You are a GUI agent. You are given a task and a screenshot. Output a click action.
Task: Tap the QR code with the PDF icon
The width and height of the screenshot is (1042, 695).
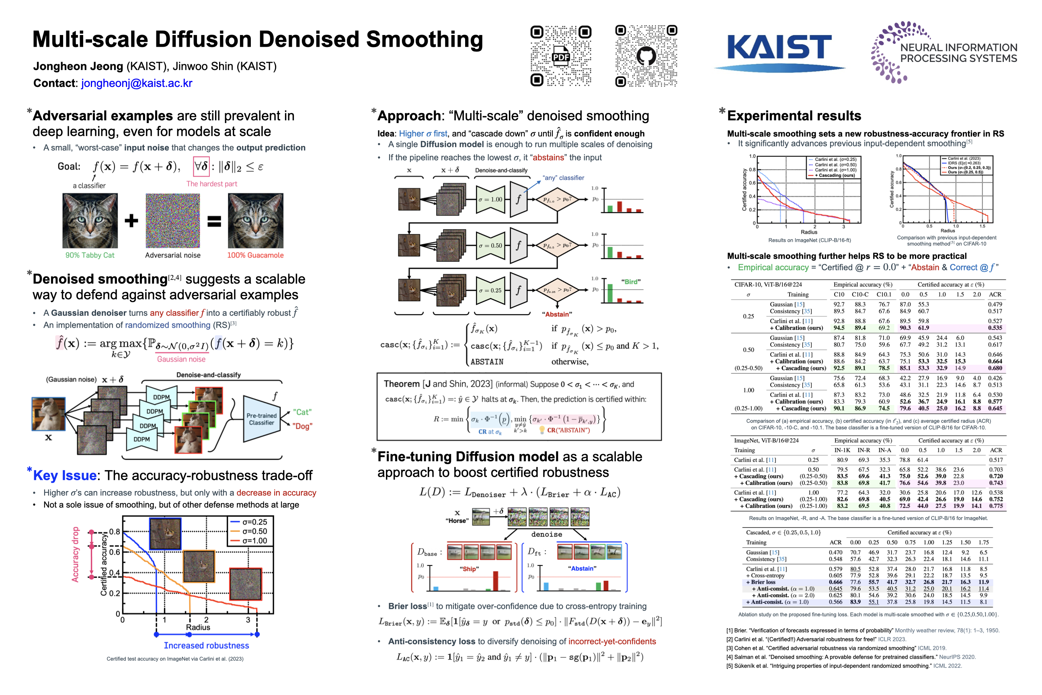click(x=561, y=56)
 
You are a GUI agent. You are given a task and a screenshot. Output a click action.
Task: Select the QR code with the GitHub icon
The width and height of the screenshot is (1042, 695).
click(x=646, y=56)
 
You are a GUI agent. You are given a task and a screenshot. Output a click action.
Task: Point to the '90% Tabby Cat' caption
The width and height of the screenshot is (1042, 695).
click(x=90, y=255)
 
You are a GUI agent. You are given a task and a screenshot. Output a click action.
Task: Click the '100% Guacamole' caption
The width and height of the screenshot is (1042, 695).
click(x=255, y=255)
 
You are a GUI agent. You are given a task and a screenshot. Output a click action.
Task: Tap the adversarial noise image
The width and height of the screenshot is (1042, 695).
click(x=173, y=220)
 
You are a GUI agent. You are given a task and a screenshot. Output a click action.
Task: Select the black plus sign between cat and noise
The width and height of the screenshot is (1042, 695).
click(x=131, y=220)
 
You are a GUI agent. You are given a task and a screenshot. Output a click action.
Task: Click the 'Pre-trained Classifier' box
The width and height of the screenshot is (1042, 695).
click(x=261, y=419)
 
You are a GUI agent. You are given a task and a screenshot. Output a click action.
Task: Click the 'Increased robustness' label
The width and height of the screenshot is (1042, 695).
click(x=207, y=646)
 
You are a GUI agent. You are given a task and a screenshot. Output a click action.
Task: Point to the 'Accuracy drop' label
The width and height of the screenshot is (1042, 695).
click(x=75, y=554)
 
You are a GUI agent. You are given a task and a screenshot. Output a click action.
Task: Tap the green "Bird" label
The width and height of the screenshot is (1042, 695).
click(x=631, y=282)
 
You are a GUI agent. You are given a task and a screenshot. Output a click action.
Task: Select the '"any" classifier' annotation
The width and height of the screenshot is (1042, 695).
click(x=564, y=178)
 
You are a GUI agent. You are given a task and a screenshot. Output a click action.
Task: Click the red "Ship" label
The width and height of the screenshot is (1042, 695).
click(x=469, y=569)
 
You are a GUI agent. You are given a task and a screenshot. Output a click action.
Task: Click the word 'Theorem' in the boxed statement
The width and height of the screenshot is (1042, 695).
click(x=401, y=384)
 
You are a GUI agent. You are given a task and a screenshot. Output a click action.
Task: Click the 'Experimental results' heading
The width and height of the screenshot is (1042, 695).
click(x=794, y=116)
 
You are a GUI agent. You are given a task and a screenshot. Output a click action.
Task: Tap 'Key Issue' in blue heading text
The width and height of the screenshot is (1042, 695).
click(x=65, y=475)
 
